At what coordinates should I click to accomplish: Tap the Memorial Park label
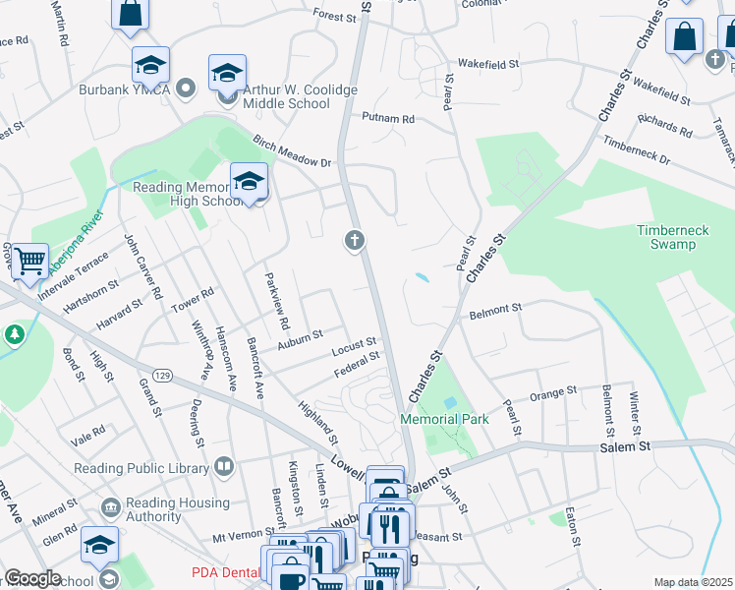tap(444, 419)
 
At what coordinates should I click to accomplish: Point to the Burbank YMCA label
tap(125, 90)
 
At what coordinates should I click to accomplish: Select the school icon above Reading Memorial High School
tap(250, 180)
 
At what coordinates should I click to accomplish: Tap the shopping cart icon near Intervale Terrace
tap(30, 261)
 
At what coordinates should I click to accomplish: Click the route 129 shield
tap(164, 377)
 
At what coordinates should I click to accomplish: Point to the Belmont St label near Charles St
tap(495, 310)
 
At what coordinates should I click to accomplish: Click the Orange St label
tap(552, 393)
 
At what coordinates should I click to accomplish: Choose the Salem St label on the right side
tap(626, 445)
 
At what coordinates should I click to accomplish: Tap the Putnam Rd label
tap(388, 119)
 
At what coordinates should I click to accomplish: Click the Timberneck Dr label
tap(636, 149)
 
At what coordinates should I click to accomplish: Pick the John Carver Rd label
tap(143, 265)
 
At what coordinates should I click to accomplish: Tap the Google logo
tap(32, 578)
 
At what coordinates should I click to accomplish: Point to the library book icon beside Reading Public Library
tap(224, 465)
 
